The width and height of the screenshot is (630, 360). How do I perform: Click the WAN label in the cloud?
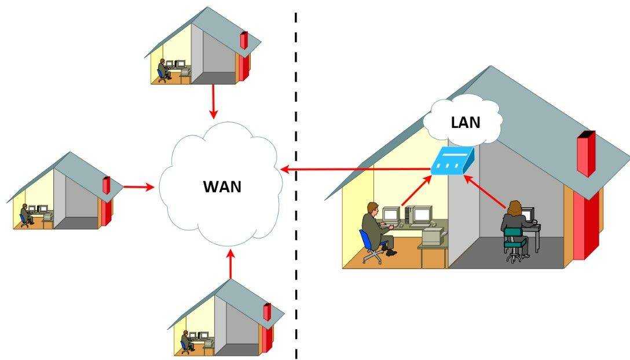pos(222,187)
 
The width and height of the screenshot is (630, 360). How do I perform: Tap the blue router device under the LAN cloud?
pos(452,161)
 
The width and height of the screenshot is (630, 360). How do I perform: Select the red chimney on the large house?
pos(585,153)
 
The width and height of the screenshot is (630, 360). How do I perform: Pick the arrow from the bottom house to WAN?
pos(230,265)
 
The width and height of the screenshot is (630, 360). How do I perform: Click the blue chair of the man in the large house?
pos(368,244)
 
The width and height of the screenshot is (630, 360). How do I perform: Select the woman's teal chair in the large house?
pos(513,241)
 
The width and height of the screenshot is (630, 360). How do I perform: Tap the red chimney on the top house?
pos(243,41)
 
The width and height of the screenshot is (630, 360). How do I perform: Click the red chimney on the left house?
pos(107,186)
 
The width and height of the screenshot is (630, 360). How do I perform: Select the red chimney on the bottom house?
pos(267,312)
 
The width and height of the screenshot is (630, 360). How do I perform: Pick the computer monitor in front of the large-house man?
pos(391,215)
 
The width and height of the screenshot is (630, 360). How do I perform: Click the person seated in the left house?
pos(24,214)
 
